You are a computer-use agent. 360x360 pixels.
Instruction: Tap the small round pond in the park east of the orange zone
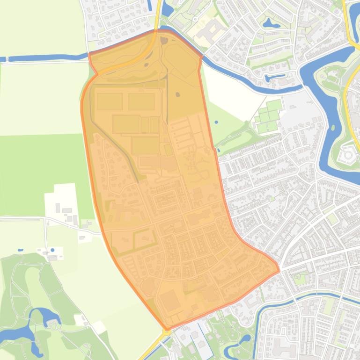216,122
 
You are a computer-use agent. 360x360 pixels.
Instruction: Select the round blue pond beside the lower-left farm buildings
52,250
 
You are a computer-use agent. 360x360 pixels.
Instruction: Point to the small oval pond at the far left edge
20,250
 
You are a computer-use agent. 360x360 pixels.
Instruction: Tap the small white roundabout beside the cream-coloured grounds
195,19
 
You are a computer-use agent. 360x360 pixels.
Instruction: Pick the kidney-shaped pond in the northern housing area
271,22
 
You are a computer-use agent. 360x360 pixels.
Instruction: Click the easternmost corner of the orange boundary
279,270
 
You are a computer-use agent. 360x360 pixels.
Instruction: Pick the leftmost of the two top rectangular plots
110,101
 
